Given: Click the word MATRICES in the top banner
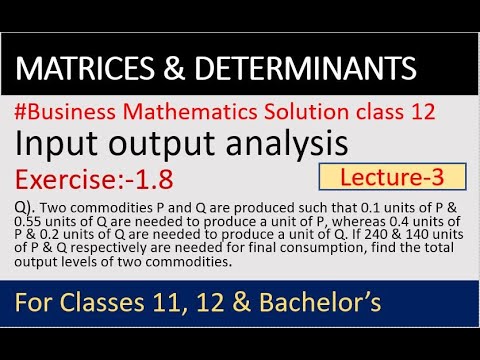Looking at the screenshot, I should point(79,69).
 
